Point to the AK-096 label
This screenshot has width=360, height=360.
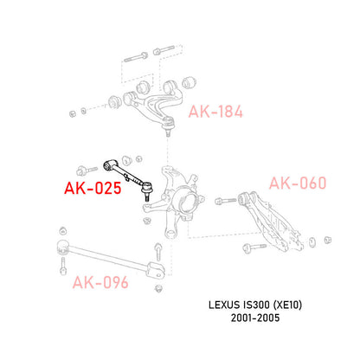tap(101, 280)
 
